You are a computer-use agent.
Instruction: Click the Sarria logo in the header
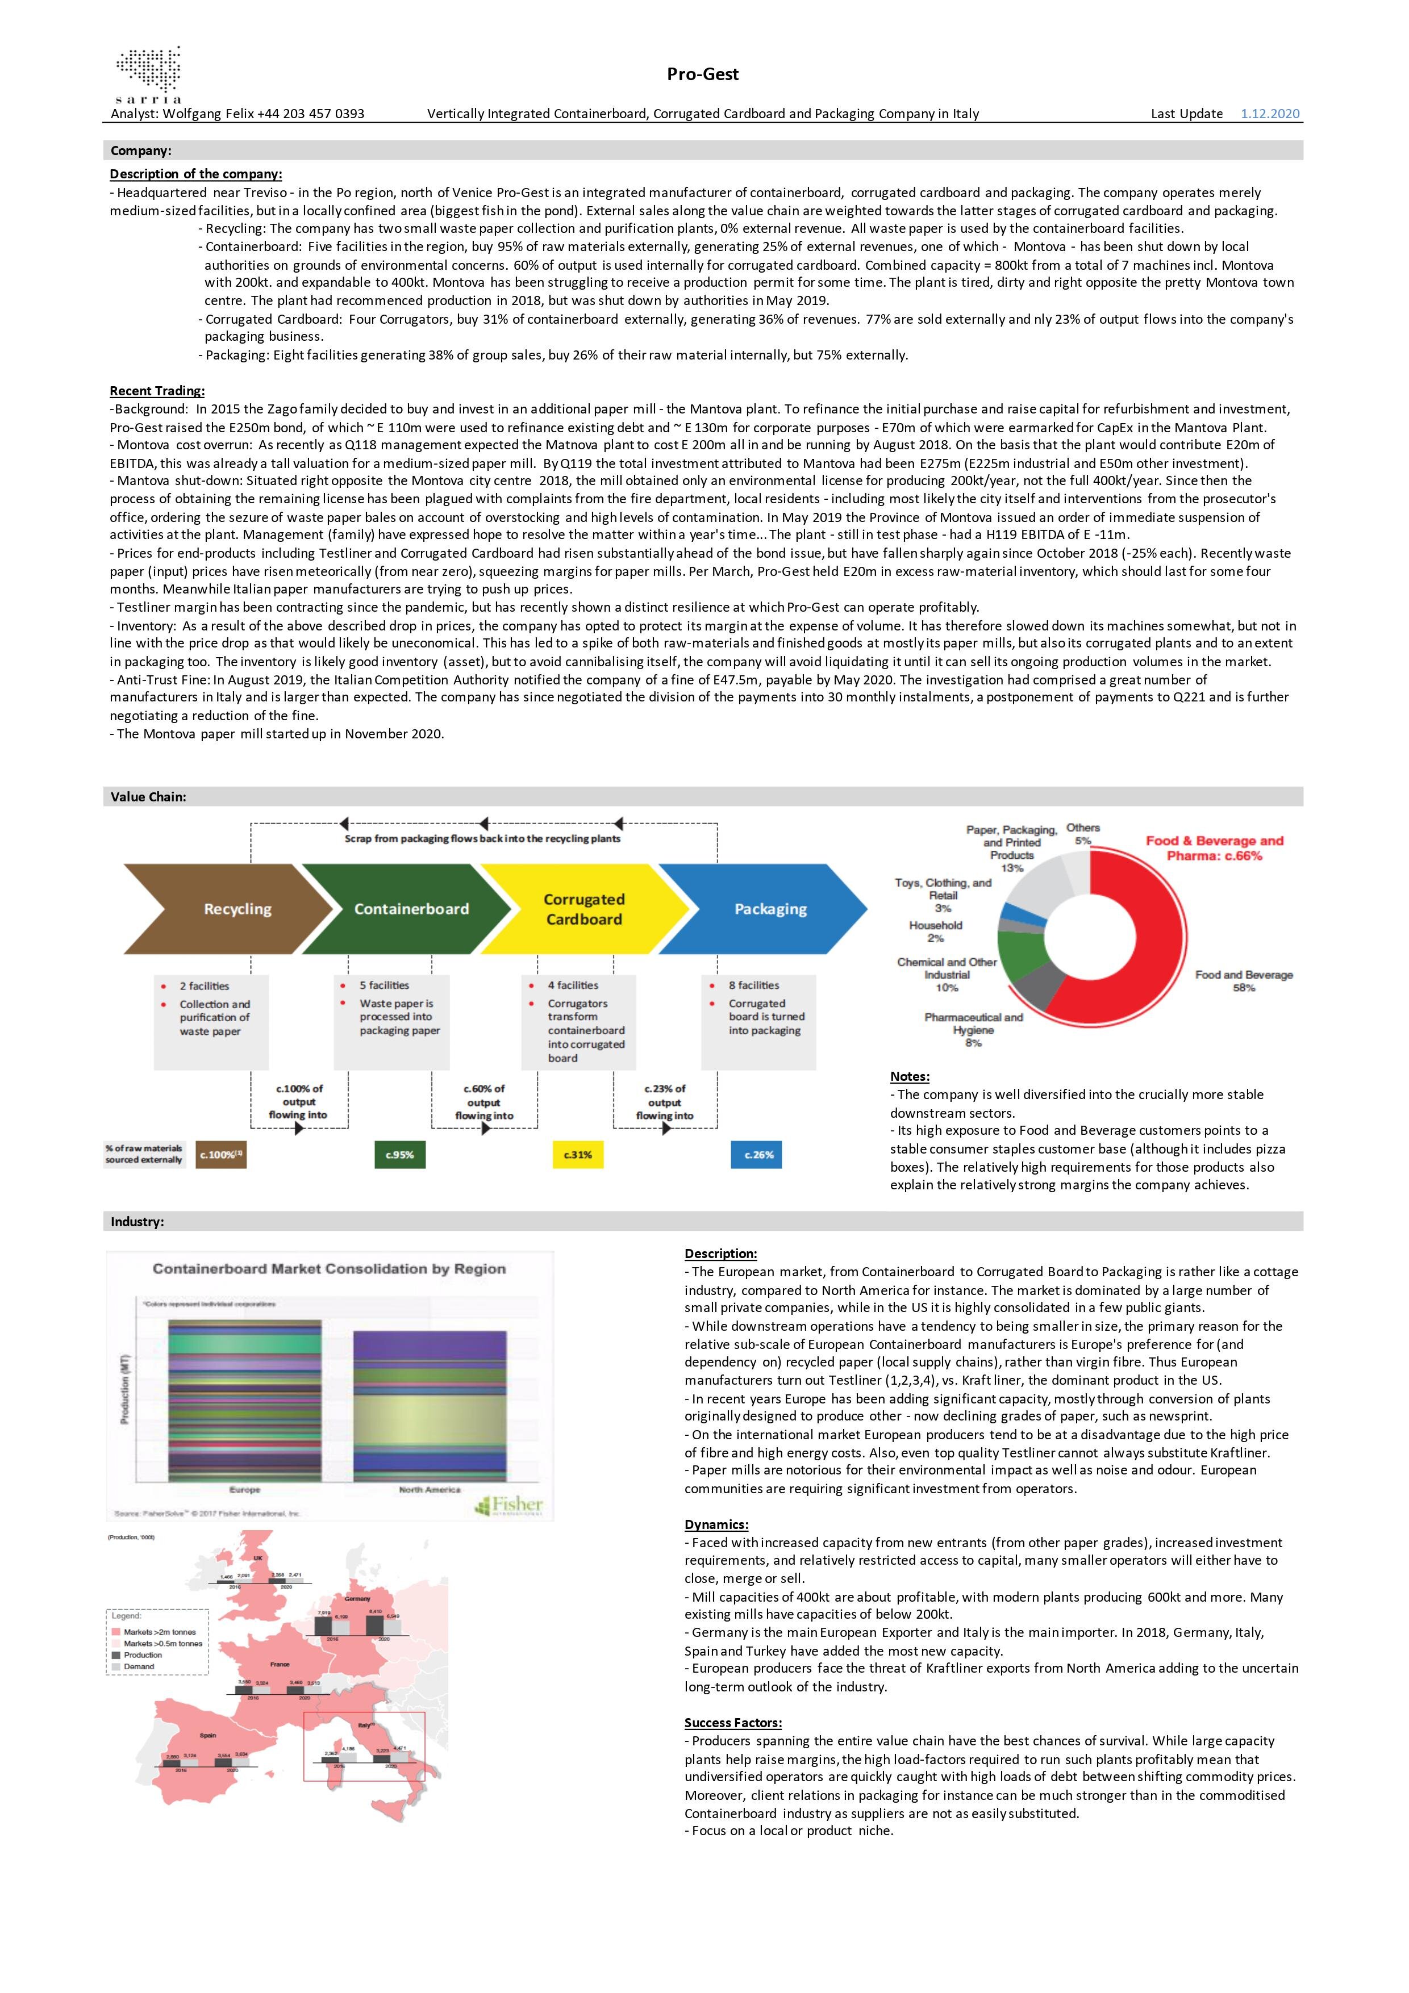tap(148, 74)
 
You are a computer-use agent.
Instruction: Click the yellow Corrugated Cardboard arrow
tap(583, 909)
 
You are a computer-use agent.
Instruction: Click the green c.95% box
tap(399, 1155)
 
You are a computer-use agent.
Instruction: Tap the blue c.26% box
tap(758, 1155)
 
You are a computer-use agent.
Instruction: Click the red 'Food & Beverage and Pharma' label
tap(1214, 848)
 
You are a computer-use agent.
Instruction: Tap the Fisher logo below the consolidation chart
tap(510, 1505)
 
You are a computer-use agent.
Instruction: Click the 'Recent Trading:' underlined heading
tap(157, 391)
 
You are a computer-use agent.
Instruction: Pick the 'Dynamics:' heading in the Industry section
tap(716, 1524)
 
